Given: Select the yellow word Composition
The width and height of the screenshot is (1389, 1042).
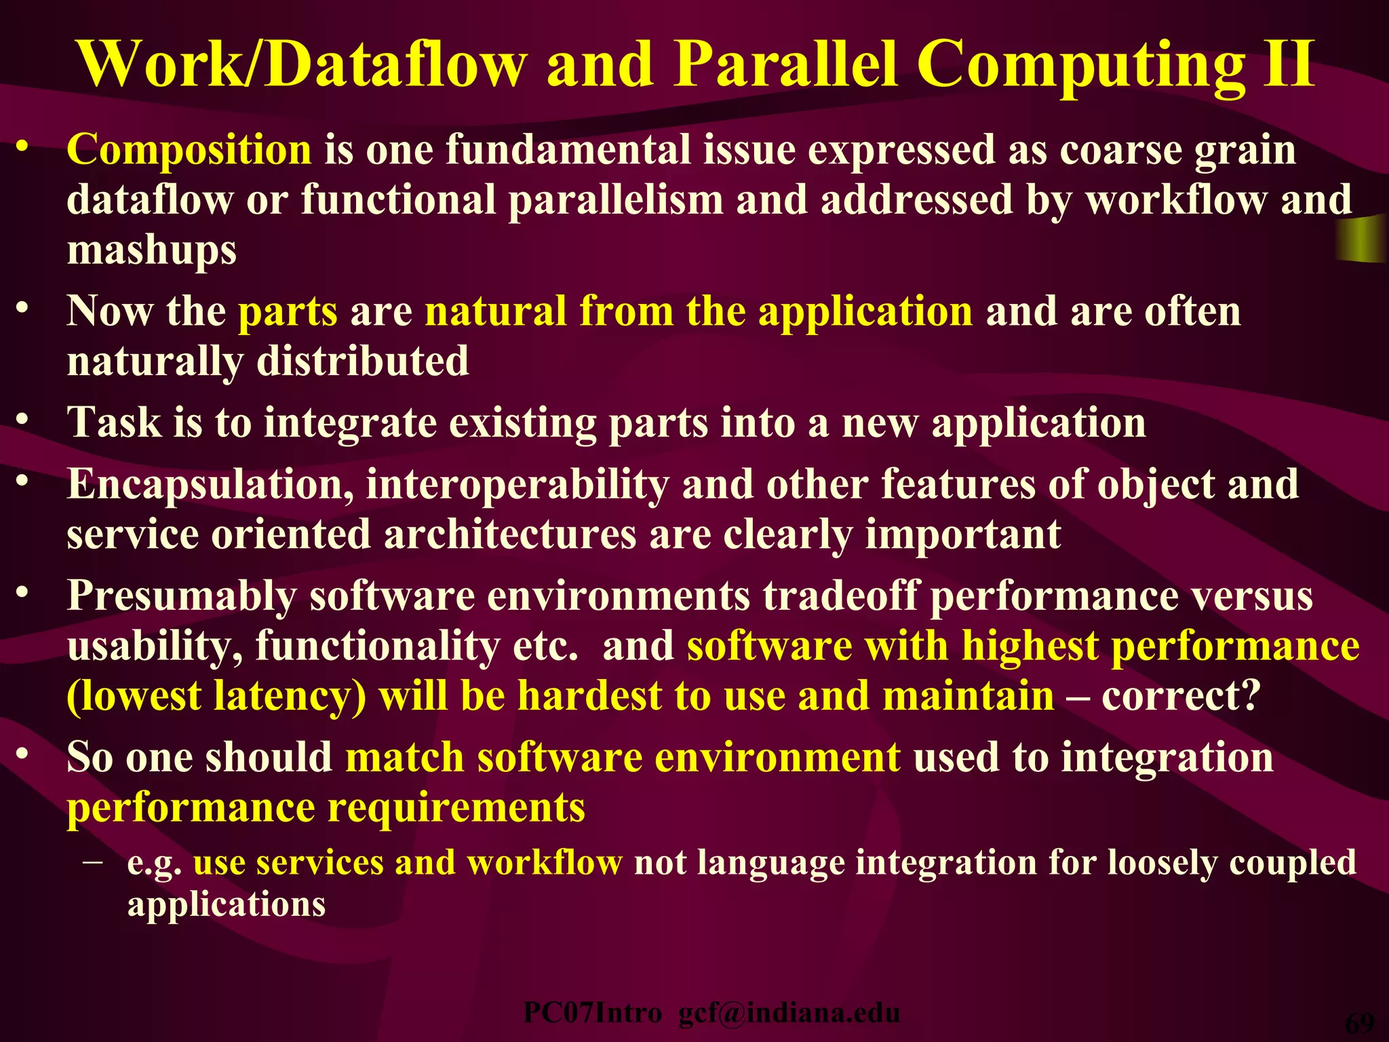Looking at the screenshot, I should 189,149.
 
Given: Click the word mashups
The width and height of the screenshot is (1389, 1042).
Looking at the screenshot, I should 152,250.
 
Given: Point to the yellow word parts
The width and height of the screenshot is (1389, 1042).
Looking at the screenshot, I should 288,311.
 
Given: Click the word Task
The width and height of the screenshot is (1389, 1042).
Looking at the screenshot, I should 114,422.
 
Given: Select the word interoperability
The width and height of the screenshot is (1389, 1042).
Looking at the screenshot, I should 517,485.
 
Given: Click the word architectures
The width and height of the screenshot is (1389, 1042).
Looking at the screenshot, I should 510,535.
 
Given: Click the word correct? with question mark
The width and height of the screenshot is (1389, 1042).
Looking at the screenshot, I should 1181,696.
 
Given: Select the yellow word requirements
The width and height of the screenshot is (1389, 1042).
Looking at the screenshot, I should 456,807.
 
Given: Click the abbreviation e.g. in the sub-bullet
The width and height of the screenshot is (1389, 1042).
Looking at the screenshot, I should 154,864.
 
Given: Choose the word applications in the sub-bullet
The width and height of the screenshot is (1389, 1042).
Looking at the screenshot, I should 227,904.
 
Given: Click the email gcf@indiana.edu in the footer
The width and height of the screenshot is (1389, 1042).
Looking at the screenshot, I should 789,1013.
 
